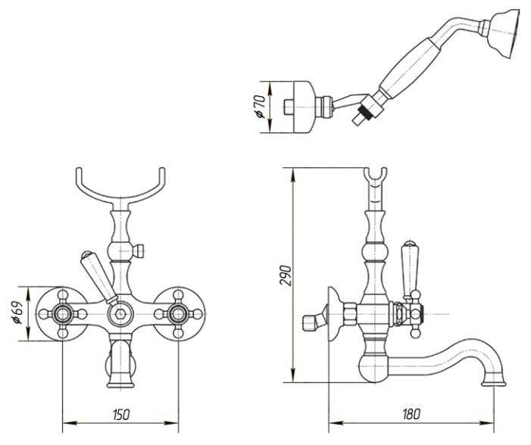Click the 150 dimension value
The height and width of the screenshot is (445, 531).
click(x=120, y=414)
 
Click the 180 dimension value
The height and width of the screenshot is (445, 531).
click(x=411, y=414)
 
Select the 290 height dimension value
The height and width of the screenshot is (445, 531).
click(x=286, y=275)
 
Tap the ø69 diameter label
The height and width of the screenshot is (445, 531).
click(x=18, y=313)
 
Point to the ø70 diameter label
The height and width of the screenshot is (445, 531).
click(x=259, y=107)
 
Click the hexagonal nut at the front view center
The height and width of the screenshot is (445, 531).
click(x=120, y=314)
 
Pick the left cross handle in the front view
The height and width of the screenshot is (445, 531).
click(x=63, y=314)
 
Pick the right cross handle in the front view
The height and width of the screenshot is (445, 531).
click(x=178, y=314)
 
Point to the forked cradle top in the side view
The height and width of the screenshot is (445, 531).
click(x=375, y=176)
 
